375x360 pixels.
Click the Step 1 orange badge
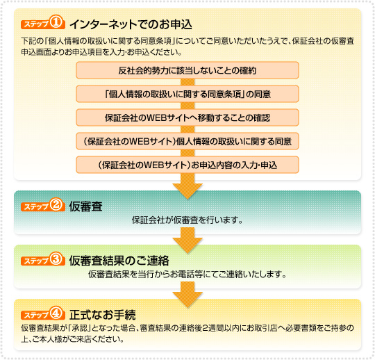[43, 23]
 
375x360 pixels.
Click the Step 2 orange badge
[43, 205]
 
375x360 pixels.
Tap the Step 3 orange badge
[43, 259]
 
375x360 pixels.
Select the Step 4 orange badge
[43, 313]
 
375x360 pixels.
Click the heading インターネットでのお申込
[131, 24]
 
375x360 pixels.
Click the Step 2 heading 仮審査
[86, 206]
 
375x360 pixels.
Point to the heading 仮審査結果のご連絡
[119, 261]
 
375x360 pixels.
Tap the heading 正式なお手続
[103, 315]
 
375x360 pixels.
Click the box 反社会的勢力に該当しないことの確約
[187, 70]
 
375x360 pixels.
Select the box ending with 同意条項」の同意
[187, 94]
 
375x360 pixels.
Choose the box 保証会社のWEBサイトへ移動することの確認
[187, 117]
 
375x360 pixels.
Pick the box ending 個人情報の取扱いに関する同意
[187, 141]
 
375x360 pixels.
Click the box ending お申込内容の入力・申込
[187, 165]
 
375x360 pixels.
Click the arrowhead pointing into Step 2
[187, 191]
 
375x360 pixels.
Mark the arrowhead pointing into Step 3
[187, 245]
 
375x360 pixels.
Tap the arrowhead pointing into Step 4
[187, 300]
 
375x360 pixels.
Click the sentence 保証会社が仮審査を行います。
[187, 220]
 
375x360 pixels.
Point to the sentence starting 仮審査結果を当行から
[187, 274]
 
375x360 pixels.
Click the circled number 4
[56, 313]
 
